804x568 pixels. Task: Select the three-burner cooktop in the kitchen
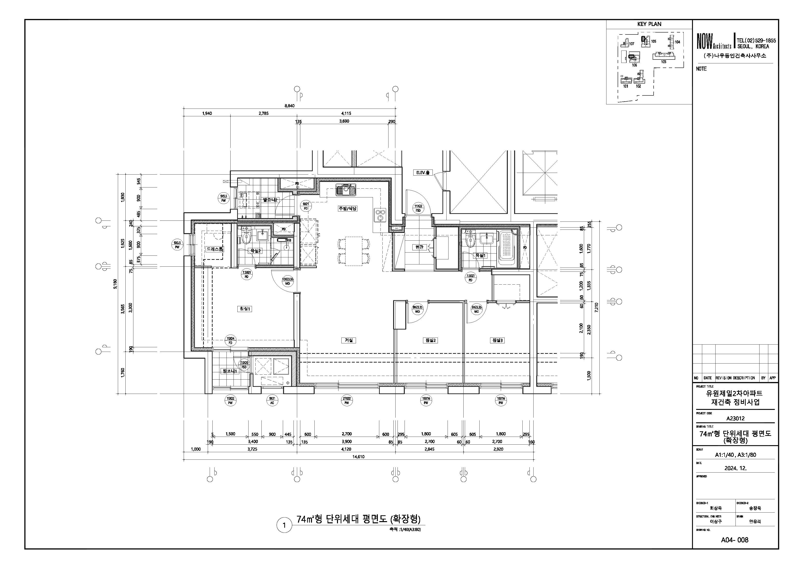point(380,215)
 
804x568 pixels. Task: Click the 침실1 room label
point(244,309)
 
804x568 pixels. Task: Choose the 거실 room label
point(348,340)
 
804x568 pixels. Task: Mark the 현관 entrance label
point(419,247)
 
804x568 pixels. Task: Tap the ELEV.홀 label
point(423,172)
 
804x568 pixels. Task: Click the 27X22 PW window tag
point(346,401)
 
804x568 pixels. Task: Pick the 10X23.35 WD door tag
point(287,281)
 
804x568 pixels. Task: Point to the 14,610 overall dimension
point(358,457)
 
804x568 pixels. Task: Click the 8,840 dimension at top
point(289,106)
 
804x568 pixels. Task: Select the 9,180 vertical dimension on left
point(115,284)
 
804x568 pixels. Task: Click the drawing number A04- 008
point(734,540)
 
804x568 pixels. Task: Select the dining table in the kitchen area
point(353,251)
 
